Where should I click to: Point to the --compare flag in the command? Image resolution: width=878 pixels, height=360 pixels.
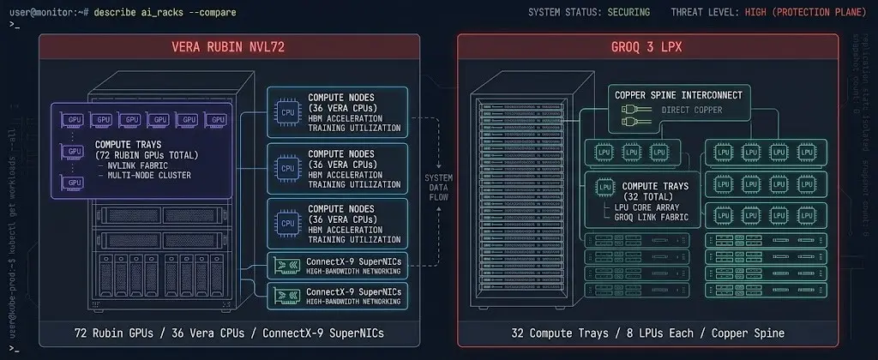click(x=212, y=12)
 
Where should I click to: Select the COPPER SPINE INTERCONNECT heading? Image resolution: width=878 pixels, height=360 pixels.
click(x=678, y=94)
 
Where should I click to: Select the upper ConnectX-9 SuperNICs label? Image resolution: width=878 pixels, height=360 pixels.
click(x=353, y=262)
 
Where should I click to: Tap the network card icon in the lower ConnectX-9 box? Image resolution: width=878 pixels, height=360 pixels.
click(x=286, y=296)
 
